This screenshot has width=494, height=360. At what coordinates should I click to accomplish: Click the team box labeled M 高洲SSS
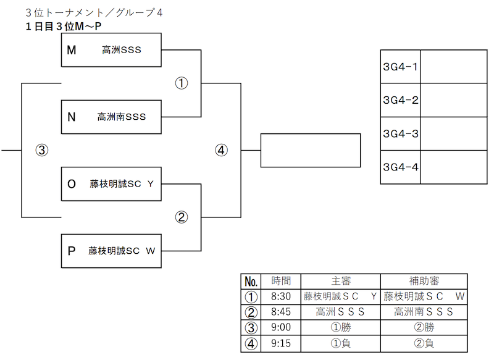point(111,50)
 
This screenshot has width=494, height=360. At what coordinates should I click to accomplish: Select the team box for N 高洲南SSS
point(111,117)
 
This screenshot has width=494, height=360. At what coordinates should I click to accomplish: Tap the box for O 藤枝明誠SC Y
point(111,184)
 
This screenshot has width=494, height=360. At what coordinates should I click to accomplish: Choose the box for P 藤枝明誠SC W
point(111,251)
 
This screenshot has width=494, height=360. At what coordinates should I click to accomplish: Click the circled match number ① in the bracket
point(182,83)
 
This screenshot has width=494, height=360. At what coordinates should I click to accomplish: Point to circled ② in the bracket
point(182,217)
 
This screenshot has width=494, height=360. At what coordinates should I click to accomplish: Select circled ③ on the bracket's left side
point(42,150)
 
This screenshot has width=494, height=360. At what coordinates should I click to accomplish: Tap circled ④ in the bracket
point(222,150)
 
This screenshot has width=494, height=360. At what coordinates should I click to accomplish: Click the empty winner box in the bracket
point(311,150)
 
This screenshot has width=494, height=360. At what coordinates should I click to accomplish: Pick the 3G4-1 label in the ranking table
point(400,67)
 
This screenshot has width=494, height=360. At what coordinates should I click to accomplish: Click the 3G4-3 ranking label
point(400,134)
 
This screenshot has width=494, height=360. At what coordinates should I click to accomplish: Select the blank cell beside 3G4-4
point(454,167)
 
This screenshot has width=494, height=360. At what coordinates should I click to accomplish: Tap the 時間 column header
point(281,281)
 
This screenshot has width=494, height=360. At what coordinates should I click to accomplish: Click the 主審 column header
point(341,281)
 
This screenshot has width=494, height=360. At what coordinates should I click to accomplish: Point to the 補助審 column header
point(424,281)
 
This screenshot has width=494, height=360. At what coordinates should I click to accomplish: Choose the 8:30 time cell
point(281,296)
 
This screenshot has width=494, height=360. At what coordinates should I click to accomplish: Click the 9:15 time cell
point(281,343)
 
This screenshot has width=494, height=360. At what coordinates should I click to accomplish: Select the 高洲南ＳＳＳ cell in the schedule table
point(424,312)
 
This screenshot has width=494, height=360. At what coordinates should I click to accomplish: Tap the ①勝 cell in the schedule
point(341,327)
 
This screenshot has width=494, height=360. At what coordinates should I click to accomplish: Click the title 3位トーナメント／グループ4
point(94,12)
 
